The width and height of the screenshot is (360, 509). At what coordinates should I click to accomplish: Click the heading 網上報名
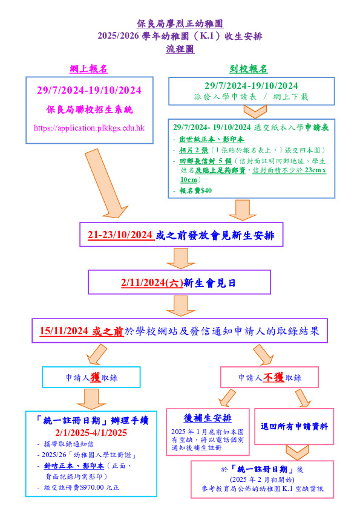(x=88, y=69)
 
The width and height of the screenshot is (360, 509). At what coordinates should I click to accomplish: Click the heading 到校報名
(x=249, y=69)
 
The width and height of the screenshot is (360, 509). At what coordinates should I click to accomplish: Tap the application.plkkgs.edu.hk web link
(x=89, y=128)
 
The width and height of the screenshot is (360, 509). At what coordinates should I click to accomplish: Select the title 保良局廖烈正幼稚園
(x=180, y=24)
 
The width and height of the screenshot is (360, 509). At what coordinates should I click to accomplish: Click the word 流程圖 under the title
(x=180, y=49)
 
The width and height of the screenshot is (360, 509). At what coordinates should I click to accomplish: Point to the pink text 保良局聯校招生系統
(x=90, y=110)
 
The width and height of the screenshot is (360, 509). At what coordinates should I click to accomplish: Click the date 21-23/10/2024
(x=120, y=235)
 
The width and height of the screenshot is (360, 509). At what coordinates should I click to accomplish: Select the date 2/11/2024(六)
(x=152, y=283)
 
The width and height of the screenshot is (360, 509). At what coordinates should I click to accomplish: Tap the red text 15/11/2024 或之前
(x=81, y=331)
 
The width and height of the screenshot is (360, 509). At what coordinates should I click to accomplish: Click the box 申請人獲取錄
(x=91, y=377)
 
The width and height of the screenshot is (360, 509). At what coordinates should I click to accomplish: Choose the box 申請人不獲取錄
(x=269, y=377)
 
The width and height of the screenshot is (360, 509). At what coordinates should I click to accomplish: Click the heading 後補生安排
(x=208, y=418)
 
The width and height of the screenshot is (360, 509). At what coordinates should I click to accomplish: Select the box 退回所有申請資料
(x=294, y=427)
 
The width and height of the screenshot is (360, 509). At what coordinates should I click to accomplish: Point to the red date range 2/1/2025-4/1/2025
(x=91, y=433)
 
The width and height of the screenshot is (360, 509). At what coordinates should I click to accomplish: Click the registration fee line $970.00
(x=82, y=488)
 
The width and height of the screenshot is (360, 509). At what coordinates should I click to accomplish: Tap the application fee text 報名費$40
(x=195, y=190)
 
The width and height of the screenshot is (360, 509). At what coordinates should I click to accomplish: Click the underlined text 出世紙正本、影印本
(x=212, y=140)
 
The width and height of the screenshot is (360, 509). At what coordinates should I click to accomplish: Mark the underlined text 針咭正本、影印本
(x=74, y=466)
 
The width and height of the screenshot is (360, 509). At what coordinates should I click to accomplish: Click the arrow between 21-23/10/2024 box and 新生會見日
(x=181, y=258)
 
